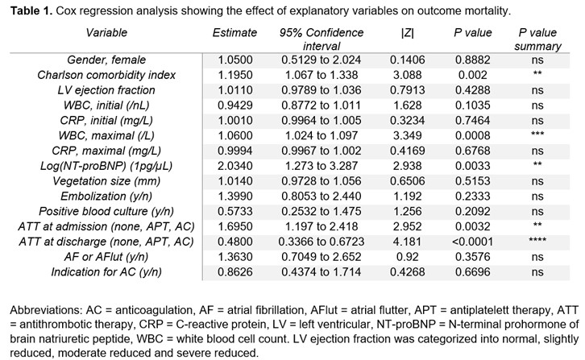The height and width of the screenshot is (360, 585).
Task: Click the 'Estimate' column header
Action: coord(234,33)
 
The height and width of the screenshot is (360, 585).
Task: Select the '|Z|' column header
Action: coord(408,33)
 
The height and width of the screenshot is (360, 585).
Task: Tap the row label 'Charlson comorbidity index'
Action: coord(106,75)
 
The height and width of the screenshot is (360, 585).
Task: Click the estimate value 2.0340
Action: coord(235,166)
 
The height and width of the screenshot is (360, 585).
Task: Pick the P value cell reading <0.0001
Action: coord(472,242)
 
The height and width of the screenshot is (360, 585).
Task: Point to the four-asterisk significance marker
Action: coord(537,240)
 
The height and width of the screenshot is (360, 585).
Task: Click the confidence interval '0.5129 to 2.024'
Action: coord(322,60)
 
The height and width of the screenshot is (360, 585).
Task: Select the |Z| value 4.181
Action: coord(408,242)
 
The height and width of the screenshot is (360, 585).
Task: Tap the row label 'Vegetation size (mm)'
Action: coord(106,181)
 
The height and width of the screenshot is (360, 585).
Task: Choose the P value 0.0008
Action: coord(473,135)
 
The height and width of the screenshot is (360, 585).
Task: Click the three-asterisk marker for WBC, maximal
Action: coord(537,134)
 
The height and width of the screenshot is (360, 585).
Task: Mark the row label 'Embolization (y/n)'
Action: coord(106,197)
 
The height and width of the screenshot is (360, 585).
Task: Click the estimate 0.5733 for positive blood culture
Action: coord(235,212)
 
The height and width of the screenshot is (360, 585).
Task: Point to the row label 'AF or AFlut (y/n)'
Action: coord(106,257)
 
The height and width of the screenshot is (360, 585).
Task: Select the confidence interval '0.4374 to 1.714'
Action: coord(322,272)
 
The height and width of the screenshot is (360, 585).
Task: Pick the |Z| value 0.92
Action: coord(408,257)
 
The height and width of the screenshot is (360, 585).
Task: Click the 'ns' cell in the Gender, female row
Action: coord(537,60)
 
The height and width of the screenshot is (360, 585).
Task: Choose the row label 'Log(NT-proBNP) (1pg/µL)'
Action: coord(106,166)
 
